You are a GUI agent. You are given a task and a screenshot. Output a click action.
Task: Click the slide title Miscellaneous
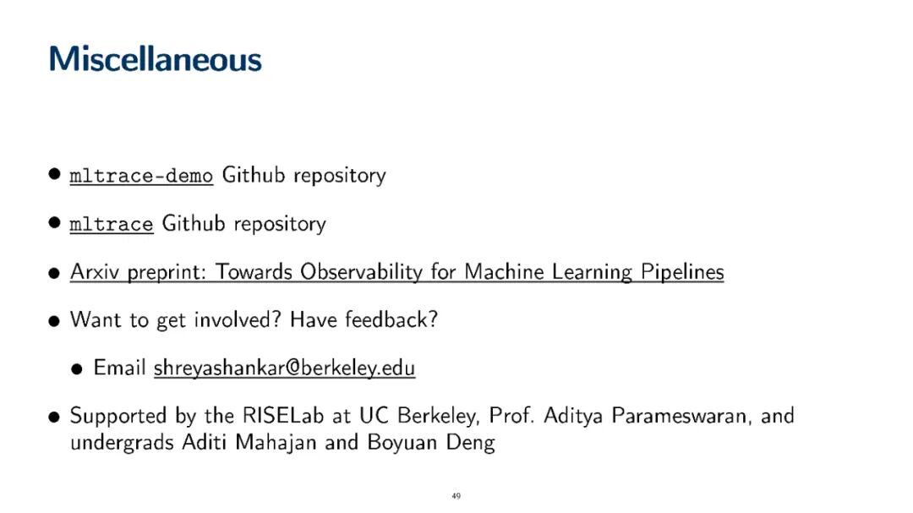156,59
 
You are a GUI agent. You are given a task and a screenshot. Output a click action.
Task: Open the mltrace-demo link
141,175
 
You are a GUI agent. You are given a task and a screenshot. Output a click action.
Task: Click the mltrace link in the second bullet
112,224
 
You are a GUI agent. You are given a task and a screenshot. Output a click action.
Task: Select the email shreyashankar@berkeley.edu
284,368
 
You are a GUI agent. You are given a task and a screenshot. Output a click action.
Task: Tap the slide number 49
456,496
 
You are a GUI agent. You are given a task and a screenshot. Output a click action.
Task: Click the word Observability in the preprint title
361,272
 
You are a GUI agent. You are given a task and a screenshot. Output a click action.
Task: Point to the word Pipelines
682,272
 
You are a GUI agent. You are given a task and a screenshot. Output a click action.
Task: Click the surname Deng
471,443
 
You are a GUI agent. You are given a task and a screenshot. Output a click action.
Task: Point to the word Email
119,368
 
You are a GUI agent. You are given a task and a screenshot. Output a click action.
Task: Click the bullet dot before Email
77,369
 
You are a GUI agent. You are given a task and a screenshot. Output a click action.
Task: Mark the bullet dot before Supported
54,417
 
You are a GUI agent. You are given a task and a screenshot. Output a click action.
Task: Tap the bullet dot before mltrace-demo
55,174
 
